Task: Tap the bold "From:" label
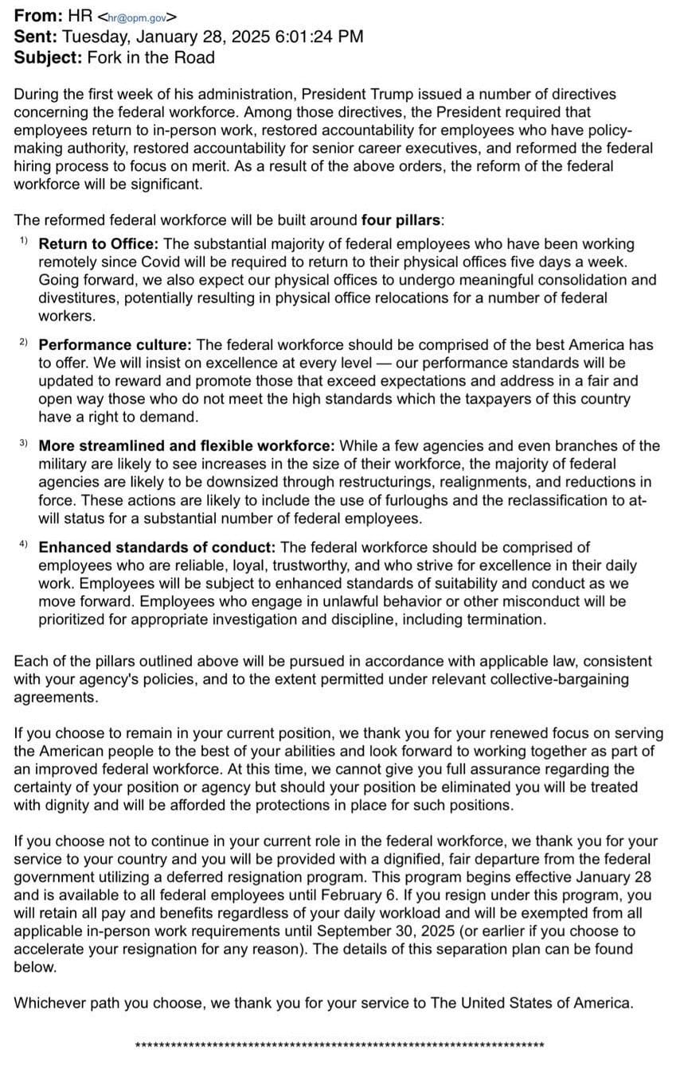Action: (x=39, y=15)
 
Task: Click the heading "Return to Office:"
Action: (x=99, y=243)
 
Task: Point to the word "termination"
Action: (x=501, y=619)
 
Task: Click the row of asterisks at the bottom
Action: (x=340, y=1045)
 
